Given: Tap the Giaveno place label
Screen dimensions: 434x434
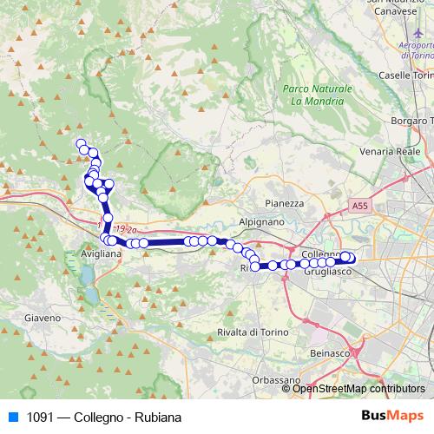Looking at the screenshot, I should coord(43,318).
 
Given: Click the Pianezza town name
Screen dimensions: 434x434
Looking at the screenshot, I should coord(285,203).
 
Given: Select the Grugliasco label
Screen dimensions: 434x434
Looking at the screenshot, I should coord(326,273).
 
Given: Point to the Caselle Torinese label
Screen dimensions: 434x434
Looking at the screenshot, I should coord(406,77).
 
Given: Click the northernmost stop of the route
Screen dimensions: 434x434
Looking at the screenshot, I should coord(81,143).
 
